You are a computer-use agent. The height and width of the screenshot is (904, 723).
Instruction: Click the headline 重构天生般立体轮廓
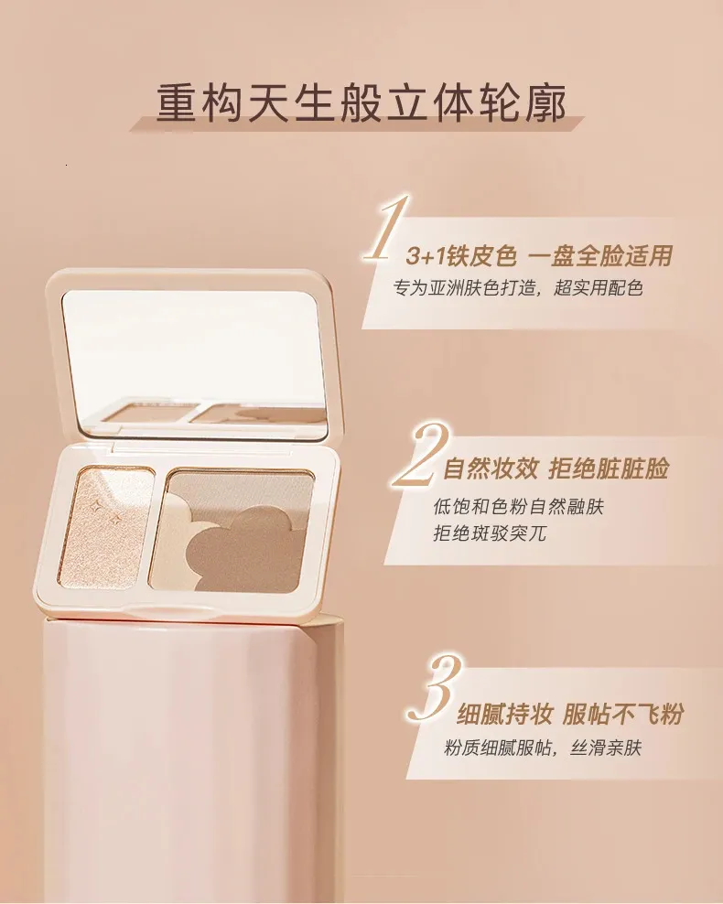(361, 103)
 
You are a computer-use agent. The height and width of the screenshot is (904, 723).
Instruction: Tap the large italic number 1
(384, 230)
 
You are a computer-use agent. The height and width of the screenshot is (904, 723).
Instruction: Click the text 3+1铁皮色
(460, 256)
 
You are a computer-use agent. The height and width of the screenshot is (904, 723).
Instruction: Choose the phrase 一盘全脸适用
(600, 256)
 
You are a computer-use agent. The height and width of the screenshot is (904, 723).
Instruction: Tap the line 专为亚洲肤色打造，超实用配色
(518, 288)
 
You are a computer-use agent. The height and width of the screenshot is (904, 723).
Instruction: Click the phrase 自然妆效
(490, 469)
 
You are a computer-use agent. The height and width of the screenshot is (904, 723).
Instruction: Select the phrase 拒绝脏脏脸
(609, 469)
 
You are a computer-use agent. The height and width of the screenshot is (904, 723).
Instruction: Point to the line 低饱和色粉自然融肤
(518, 507)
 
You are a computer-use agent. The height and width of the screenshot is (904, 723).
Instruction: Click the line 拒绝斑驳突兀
(490, 533)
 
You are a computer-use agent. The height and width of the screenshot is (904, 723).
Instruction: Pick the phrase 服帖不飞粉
(622, 715)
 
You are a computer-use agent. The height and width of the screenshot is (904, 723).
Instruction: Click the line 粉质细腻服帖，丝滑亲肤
(543, 748)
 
